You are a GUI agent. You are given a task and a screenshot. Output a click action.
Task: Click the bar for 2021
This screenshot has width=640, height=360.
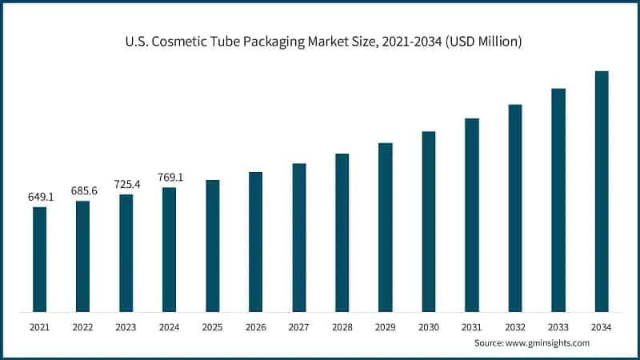[39, 259]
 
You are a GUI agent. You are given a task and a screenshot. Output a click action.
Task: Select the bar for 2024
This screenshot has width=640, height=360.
[169, 250]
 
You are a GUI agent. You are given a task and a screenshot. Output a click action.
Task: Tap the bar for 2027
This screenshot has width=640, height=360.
[299, 238]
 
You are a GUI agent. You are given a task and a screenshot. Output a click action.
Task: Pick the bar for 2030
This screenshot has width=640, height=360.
[429, 222]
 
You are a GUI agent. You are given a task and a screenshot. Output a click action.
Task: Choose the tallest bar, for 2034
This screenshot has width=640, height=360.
[602, 191]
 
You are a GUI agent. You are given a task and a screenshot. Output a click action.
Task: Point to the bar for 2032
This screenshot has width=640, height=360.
[515, 208]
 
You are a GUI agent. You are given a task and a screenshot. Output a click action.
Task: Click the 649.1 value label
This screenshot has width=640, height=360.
[40, 196]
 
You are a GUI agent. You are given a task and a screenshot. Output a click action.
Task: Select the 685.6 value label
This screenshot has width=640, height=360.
[83, 190]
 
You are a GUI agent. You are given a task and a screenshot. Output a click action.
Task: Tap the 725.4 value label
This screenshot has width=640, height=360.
[126, 184]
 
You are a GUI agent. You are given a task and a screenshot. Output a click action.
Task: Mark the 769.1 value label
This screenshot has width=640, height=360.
[170, 177]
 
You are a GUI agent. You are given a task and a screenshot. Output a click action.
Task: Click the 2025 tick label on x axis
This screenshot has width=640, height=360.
[212, 326]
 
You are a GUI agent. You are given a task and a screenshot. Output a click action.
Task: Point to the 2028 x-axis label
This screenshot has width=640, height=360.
[342, 326]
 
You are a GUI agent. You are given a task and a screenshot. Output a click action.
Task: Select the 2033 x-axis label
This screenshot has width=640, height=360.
[558, 326]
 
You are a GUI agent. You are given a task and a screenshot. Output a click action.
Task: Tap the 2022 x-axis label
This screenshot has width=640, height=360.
[82, 326]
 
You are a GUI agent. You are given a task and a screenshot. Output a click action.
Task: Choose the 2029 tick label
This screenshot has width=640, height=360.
[386, 326]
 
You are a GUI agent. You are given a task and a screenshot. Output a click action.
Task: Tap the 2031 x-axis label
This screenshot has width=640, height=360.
[472, 326]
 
